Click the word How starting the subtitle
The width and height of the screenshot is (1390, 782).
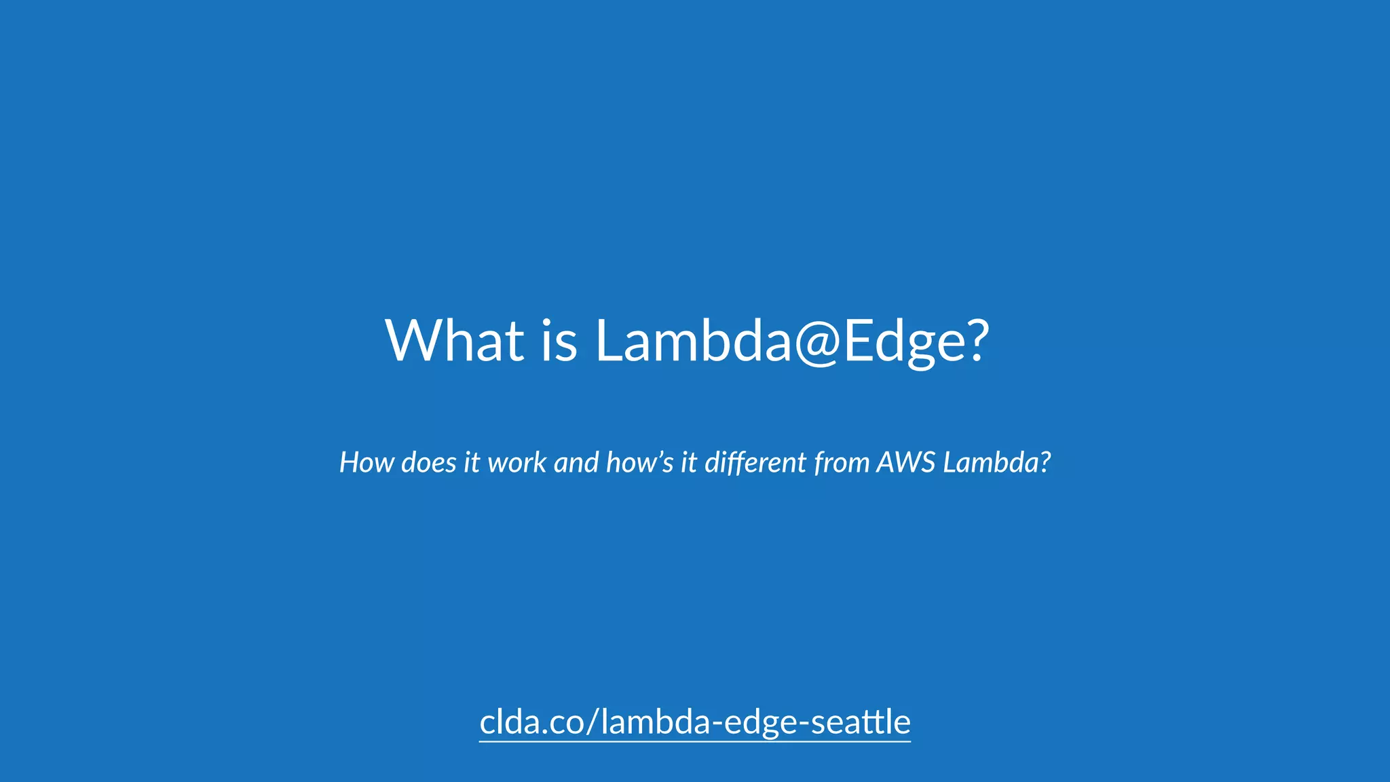coord(367,462)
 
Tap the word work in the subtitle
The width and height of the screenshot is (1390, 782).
coord(517,462)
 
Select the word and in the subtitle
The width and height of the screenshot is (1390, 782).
coord(576,462)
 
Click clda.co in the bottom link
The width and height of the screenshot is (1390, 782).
coord(529,722)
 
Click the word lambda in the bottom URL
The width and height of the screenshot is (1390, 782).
coord(655,722)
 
